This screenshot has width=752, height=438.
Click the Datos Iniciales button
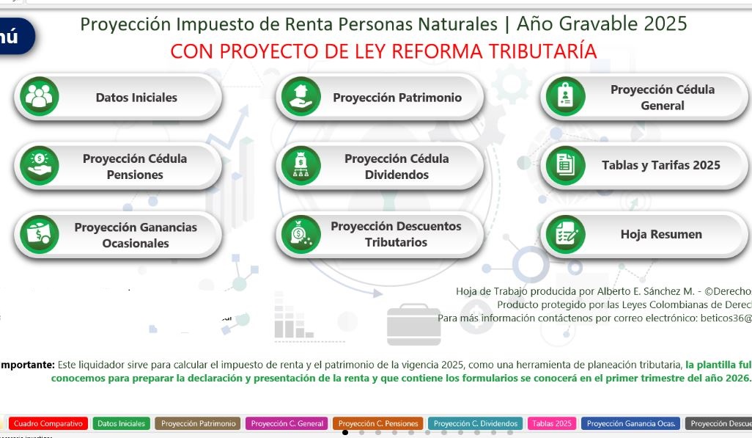pyautogui.click(x=136, y=98)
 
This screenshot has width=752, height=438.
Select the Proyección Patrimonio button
pyautogui.click(x=397, y=98)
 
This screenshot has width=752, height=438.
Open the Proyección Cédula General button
pyautogui.click(x=662, y=98)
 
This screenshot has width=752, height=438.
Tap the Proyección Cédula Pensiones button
pyautogui.click(x=134, y=167)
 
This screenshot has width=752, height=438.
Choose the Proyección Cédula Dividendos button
pyautogui.click(x=397, y=167)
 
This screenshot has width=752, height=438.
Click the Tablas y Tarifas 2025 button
pyautogui.click(x=660, y=166)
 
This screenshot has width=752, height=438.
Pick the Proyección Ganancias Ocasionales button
pyautogui.click(x=135, y=236)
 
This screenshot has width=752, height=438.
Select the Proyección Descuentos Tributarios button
pyautogui.click(x=396, y=234)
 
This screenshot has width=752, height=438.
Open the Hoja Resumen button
pyautogui.click(x=660, y=235)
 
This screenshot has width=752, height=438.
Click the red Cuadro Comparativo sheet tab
pyautogui.click(x=48, y=423)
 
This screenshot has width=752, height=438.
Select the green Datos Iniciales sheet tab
pyautogui.click(x=122, y=423)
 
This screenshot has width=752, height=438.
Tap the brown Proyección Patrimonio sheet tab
pyautogui.click(x=199, y=423)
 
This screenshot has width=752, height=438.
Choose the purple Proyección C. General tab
pyautogui.click(x=287, y=423)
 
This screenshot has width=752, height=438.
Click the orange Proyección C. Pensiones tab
pyautogui.click(x=378, y=423)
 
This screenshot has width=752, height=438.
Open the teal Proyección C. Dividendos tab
pyautogui.click(x=475, y=423)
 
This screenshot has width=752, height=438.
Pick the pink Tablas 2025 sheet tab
pyautogui.click(x=552, y=423)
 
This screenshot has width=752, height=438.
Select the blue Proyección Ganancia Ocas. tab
pyautogui.click(x=630, y=423)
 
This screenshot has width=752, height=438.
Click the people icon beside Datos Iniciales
pyautogui.click(x=40, y=97)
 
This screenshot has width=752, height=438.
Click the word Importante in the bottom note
pyautogui.click(x=28, y=365)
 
